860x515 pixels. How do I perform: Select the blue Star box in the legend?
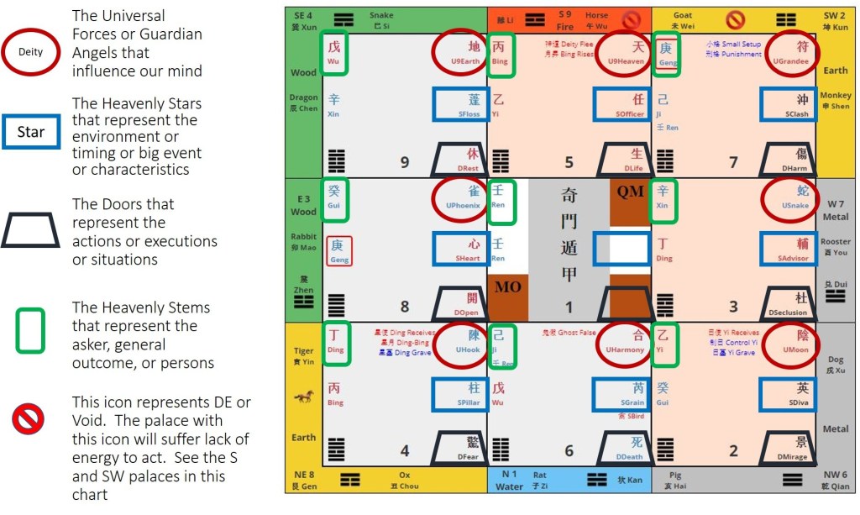tap(30, 132)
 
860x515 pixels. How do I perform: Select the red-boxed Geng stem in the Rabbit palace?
tap(338, 250)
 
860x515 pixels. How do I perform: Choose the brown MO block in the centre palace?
tap(508, 288)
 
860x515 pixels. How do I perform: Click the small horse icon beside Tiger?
tap(302, 397)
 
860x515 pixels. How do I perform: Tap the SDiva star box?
tap(789, 394)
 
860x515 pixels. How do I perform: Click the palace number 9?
tap(404, 162)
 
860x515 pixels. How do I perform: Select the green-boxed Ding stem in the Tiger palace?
tap(335, 342)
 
